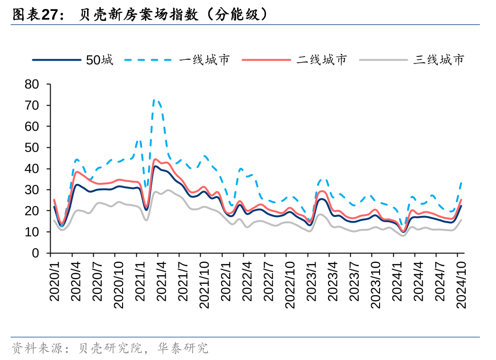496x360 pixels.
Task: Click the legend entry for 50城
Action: coord(99,60)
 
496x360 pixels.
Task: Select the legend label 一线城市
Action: coord(204,60)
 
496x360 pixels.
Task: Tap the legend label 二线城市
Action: coord(322,60)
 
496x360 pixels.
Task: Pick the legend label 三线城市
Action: coord(439,60)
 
